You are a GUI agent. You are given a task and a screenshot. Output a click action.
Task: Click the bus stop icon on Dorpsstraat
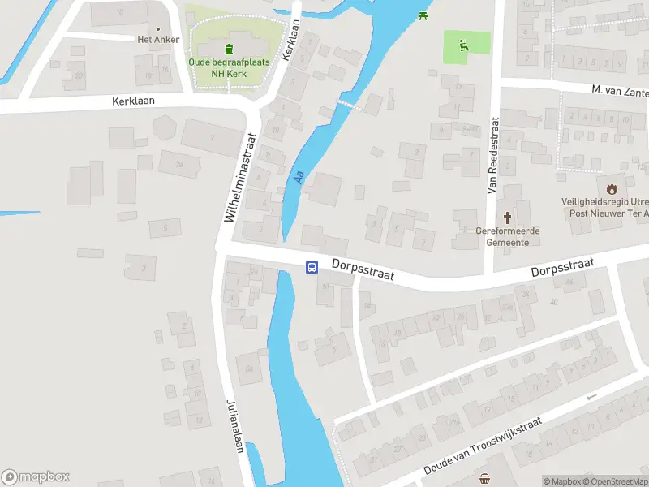[x=312, y=267]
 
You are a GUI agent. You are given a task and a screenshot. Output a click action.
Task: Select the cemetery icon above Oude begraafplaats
[x=229, y=48]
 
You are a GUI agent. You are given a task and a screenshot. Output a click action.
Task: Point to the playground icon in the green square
[x=464, y=45]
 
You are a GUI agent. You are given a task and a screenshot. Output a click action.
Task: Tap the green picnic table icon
[x=422, y=15]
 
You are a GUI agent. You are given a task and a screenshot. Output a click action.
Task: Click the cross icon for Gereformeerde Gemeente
[x=509, y=217]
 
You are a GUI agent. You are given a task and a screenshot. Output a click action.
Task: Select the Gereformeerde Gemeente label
[x=509, y=235]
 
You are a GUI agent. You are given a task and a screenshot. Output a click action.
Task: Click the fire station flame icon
[x=611, y=188]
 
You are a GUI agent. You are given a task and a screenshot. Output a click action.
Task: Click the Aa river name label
[x=299, y=175]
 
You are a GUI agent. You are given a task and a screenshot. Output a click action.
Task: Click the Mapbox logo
[x=36, y=477]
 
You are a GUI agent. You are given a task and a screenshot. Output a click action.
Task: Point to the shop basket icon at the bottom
[x=485, y=478]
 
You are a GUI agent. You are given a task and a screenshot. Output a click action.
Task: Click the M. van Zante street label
[x=619, y=90]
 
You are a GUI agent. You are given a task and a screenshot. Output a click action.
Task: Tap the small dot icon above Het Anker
[x=170, y=27]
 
